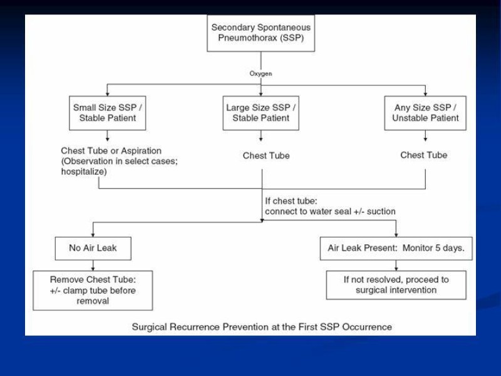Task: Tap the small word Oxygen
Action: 261,73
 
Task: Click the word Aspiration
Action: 141,150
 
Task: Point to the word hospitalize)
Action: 84,172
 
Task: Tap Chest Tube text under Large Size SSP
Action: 266,155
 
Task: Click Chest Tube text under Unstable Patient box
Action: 424,155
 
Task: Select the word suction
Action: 381,211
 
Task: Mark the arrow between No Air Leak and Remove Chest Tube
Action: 93,265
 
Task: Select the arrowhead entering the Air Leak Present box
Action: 396,234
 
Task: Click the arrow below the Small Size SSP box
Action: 107,135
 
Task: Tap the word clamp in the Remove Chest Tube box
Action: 74,291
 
